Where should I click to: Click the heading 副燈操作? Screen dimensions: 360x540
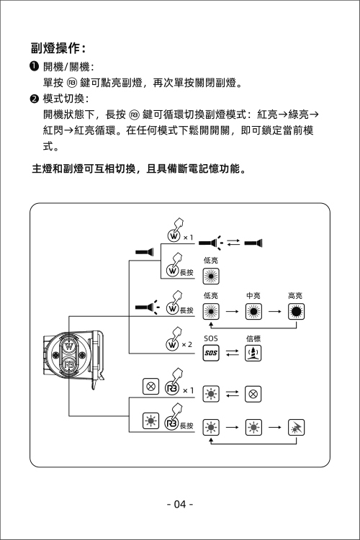[x=55, y=48]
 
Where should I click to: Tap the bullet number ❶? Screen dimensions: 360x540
[x=34, y=66]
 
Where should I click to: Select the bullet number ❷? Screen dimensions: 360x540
[x=34, y=99]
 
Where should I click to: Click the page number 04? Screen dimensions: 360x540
[x=180, y=504]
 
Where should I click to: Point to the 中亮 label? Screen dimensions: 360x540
[x=253, y=295]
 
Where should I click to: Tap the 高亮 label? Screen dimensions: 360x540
[x=295, y=295]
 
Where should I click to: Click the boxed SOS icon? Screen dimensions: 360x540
[x=211, y=353]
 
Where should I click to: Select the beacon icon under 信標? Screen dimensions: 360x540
[x=253, y=353]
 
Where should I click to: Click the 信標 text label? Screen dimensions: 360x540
[x=253, y=338]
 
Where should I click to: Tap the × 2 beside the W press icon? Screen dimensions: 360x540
[x=186, y=344]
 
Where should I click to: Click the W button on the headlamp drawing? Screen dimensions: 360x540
[x=69, y=346]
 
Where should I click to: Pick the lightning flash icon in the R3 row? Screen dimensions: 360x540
[x=296, y=428]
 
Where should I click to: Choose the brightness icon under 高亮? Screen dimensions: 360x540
[x=296, y=311]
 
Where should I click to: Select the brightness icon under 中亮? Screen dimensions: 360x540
[x=253, y=311]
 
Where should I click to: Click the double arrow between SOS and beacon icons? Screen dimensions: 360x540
[x=232, y=353]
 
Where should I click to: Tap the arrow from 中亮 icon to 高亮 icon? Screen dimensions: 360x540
[x=275, y=311]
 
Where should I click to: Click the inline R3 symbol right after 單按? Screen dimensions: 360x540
[x=72, y=83]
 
